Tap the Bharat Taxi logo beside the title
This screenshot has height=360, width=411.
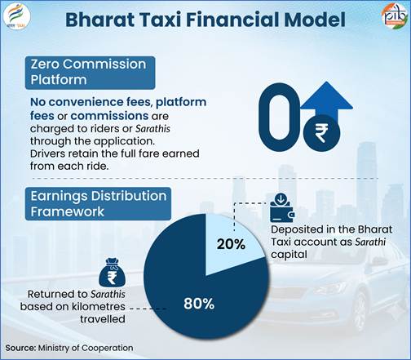tap(17, 16)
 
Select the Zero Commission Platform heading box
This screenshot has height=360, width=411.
tap(90, 73)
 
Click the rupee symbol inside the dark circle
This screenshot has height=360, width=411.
tap(321, 132)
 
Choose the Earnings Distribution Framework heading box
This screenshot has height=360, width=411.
tap(98, 203)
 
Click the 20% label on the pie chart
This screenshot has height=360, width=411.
tap(231, 244)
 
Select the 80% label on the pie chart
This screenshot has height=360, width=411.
tap(199, 303)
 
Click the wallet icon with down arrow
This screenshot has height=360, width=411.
tap(282, 207)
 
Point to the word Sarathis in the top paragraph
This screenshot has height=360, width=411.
tap(152, 129)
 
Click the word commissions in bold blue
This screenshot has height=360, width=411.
tap(109, 116)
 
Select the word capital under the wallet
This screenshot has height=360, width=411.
tap(289, 255)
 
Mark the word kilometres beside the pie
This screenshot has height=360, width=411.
tap(102, 307)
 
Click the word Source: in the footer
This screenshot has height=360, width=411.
tap(20, 348)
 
